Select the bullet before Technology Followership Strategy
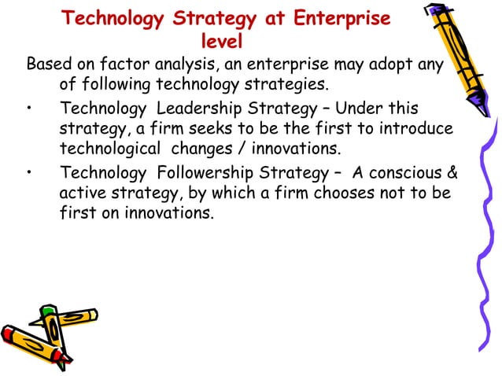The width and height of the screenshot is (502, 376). (30, 174)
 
